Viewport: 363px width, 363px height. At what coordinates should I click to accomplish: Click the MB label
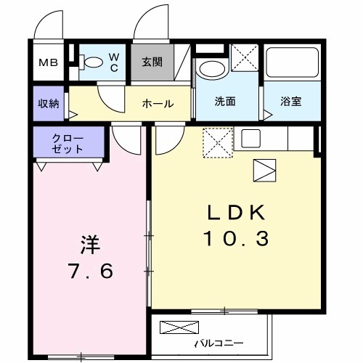[x=49, y=63]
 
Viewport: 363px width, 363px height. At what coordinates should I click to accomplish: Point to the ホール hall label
[x=158, y=103]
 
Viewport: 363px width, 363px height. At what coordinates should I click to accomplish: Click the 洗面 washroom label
[x=225, y=102]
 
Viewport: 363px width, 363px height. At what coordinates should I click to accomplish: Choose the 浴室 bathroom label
[x=291, y=102]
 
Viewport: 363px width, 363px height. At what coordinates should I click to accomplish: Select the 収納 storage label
[x=49, y=102]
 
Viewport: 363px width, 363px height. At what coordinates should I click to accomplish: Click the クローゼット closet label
[x=68, y=143]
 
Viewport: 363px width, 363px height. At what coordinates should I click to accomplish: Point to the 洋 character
[x=88, y=245]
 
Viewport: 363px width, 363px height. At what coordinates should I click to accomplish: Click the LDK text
[x=239, y=213]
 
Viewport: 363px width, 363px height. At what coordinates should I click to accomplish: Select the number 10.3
[x=240, y=238]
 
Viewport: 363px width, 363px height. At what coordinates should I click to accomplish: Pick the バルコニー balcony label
[x=218, y=343]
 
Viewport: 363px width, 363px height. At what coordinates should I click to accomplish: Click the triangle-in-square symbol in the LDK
[x=263, y=169]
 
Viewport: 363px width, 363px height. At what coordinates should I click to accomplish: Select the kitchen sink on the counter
[x=251, y=136]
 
